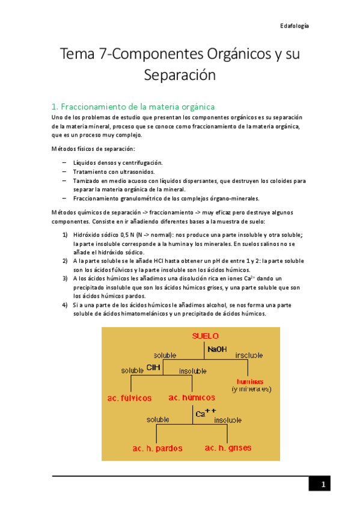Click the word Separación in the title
pyautogui.click(x=179, y=75)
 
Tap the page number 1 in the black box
pyautogui.click(x=322, y=485)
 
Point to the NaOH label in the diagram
pyautogui.click(x=217, y=349)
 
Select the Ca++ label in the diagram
pyautogui.click(x=205, y=413)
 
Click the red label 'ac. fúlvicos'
pyautogui.click(x=130, y=398)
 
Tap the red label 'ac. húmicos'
pyautogui.click(x=191, y=398)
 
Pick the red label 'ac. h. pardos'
pyautogui.click(x=157, y=448)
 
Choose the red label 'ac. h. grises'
pyautogui.click(x=228, y=448)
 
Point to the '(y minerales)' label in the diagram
pyautogui.click(x=252, y=389)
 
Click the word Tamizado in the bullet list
pyautogui.click(x=87, y=180)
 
